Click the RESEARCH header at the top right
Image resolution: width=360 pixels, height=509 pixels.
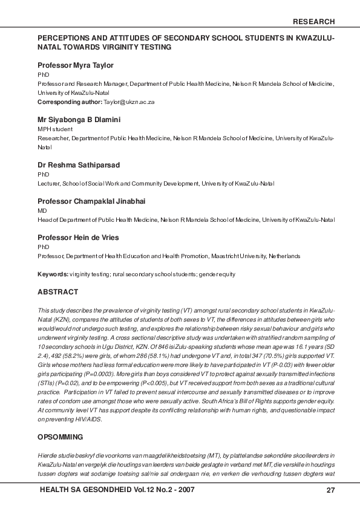[313, 22]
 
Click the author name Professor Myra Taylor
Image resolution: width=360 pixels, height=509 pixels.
[76, 65]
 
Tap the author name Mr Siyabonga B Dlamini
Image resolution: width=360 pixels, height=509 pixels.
[79, 120]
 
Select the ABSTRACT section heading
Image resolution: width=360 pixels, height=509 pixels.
[58, 293]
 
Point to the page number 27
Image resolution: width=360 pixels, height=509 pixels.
[330, 490]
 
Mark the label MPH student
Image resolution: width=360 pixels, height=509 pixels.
[55, 129]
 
